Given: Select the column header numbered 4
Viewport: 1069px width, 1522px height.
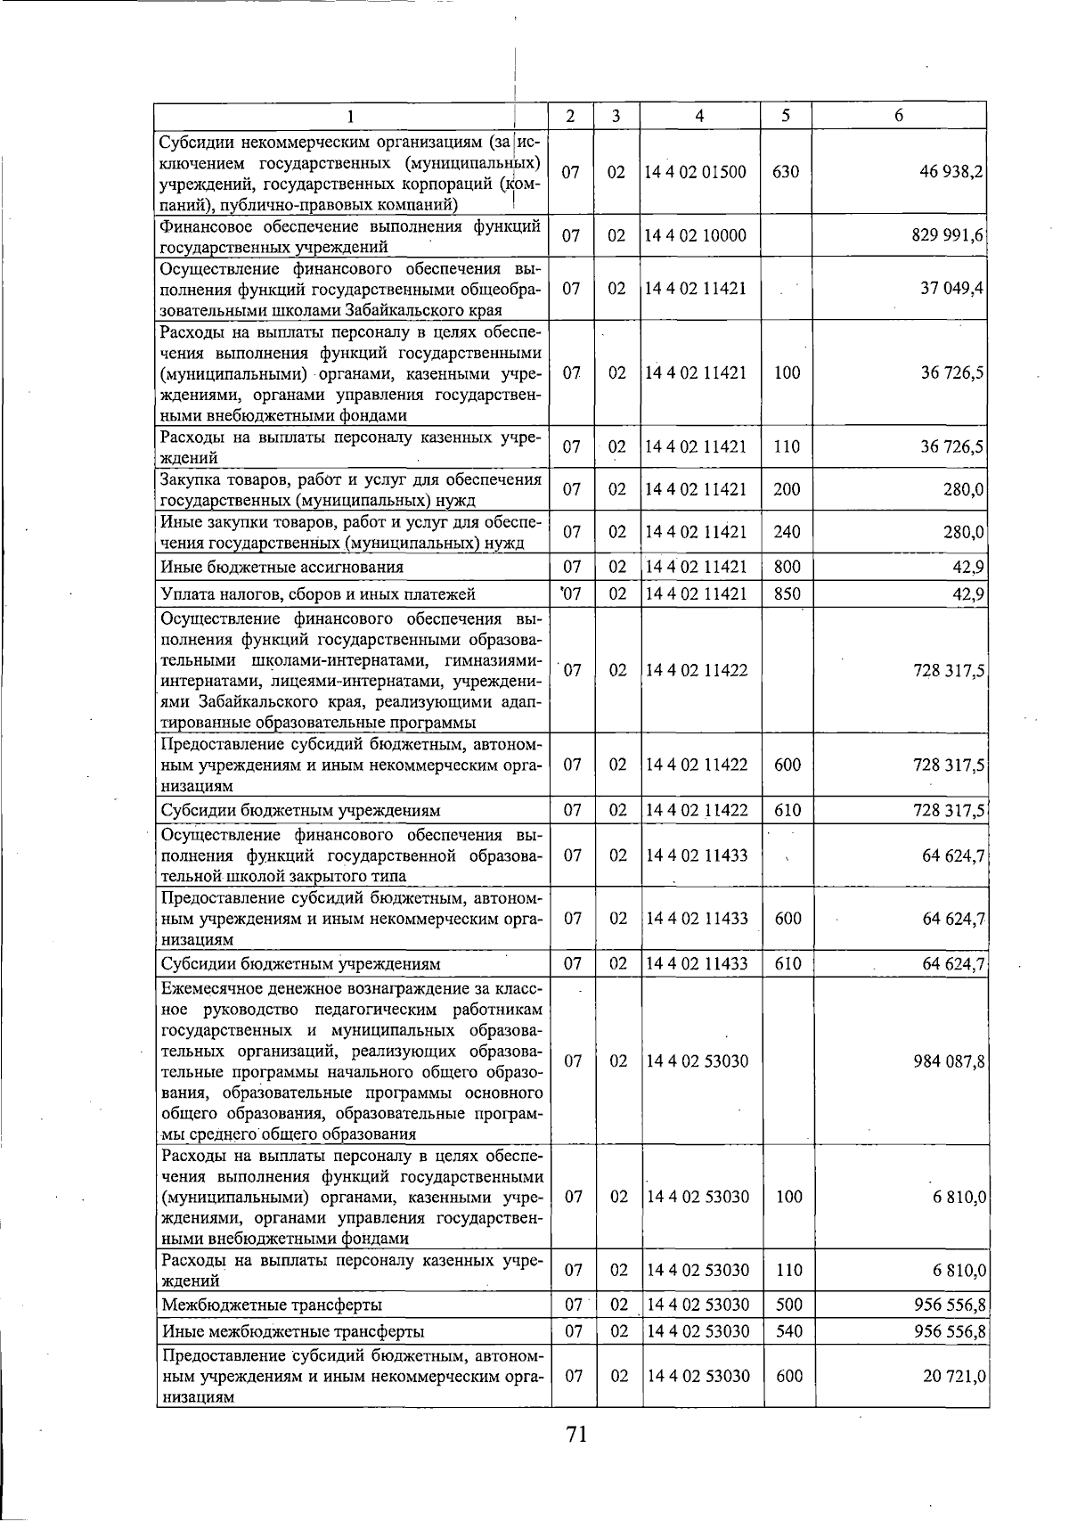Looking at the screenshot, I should [x=700, y=116].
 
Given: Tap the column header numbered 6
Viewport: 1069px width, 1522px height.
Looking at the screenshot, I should [x=899, y=116].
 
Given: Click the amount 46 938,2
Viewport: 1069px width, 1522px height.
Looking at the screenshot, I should [x=951, y=172].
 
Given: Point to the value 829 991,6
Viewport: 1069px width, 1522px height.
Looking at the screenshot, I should [x=948, y=236].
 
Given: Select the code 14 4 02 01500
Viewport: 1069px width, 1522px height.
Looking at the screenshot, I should [x=696, y=172].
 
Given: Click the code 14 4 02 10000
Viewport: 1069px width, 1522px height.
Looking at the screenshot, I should [x=696, y=236].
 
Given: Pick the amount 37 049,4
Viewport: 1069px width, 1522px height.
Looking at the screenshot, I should [x=951, y=289].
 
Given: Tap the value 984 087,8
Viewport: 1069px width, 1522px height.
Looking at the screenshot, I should [x=948, y=1061].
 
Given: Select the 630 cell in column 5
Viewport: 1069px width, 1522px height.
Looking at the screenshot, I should [x=786, y=172].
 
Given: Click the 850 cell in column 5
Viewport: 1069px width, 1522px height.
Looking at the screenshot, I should [x=787, y=594].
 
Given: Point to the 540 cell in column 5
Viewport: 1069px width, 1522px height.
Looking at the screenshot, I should [x=788, y=1332].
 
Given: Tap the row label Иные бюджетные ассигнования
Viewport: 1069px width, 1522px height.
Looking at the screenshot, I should [x=282, y=567].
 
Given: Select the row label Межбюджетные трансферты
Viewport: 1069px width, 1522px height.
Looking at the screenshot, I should [x=273, y=1305].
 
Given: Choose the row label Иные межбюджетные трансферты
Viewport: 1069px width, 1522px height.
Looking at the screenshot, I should [x=293, y=1332].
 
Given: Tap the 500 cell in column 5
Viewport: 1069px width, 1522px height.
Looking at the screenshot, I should [x=788, y=1305].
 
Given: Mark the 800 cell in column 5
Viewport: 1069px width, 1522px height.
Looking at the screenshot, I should [x=787, y=567].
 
